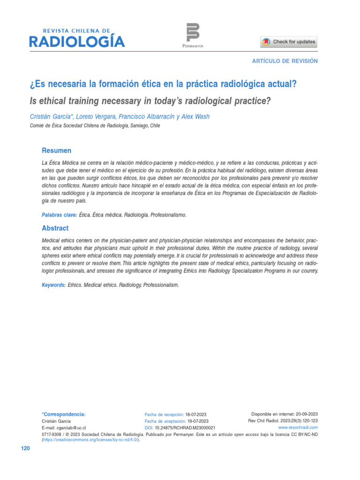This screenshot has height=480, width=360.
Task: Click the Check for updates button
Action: point(289,42)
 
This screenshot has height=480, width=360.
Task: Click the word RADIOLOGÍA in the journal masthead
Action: point(77,42)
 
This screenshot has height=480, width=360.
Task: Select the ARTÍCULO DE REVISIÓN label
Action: point(285,61)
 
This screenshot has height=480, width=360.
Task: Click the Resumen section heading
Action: point(57,150)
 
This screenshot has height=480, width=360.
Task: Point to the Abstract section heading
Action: point(55,228)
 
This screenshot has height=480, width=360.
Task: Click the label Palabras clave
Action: point(60,215)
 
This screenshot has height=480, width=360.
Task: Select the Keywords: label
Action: point(54,285)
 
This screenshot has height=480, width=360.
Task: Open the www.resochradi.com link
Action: point(298,427)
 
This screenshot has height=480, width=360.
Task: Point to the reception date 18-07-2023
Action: point(196,415)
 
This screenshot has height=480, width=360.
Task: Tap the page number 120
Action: point(25,449)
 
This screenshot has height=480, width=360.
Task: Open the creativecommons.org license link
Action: point(91,440)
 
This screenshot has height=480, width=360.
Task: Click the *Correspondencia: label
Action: point(64,414)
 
